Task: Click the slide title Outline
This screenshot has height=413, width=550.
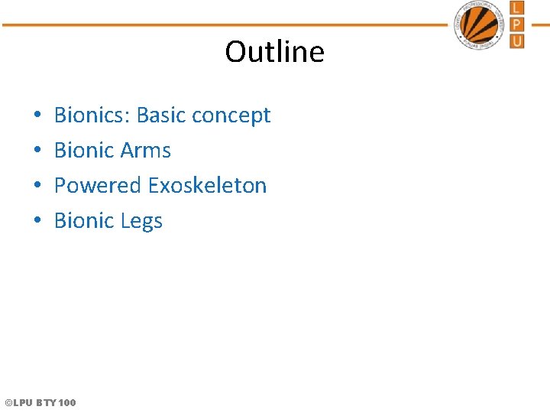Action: [274, 52]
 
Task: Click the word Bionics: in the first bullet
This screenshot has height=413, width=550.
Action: [92, 115]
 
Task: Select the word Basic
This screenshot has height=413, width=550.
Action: [161, 115]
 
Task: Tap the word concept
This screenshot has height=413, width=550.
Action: [231, 116]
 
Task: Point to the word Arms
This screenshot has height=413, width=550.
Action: [145, 150]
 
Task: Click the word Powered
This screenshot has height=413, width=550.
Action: [98, 185]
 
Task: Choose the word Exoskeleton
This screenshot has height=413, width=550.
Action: [207, 185]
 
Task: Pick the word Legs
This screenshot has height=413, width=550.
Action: [141, 222]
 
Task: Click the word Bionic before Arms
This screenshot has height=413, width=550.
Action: [84, 150]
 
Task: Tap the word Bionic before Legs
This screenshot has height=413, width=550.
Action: [84, 220]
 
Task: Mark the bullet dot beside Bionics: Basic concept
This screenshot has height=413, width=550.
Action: [37, 116]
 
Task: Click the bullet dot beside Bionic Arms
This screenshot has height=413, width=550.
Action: [37, 151]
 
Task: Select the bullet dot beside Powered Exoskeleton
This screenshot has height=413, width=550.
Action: [37, 187]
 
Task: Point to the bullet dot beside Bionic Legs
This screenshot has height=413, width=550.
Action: [37, 222]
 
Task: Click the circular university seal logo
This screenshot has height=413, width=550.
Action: [479, 24]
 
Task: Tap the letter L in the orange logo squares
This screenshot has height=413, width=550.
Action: [517, 8]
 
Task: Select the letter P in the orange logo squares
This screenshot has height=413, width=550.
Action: [517, 24]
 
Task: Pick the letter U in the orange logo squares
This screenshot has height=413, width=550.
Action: [517, 41]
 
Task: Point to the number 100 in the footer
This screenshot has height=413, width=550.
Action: [66, 402]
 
